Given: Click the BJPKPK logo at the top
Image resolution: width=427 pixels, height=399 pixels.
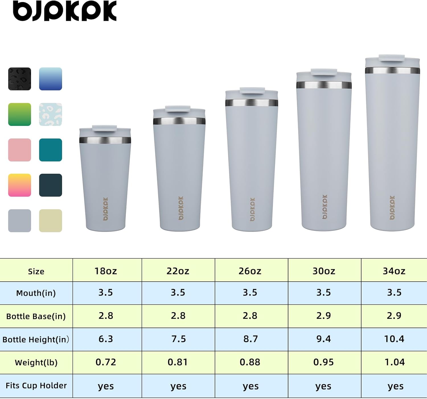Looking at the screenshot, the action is pyautogui.click(x=65, y=11).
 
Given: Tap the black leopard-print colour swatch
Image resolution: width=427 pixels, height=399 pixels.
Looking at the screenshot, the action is pyautogui.click(x=20, y=79).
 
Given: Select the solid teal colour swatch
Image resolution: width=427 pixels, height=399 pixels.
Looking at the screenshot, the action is pyautogui.click(x=50, y=150).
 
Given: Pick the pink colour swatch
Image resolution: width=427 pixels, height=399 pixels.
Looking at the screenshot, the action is pyautogui.click(x=20, y=150).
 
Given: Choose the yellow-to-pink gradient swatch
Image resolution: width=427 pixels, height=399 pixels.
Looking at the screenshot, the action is pyautogui.click(x=20, y=185).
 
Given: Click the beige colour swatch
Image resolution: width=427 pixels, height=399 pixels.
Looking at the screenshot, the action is pyautogui.click(x=50, y=221).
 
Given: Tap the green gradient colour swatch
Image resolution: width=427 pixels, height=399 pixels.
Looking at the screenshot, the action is pyautogui.click(x=20, y=114).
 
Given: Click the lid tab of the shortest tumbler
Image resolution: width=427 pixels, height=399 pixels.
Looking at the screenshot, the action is pyautogui.click(x=104, y=128).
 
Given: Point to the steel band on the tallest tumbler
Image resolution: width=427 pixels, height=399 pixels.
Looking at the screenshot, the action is pyautogui.click(x=392, y=70).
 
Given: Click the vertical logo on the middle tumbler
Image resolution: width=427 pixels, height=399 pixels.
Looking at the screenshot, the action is pyautogui.click(x=252, y=209).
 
